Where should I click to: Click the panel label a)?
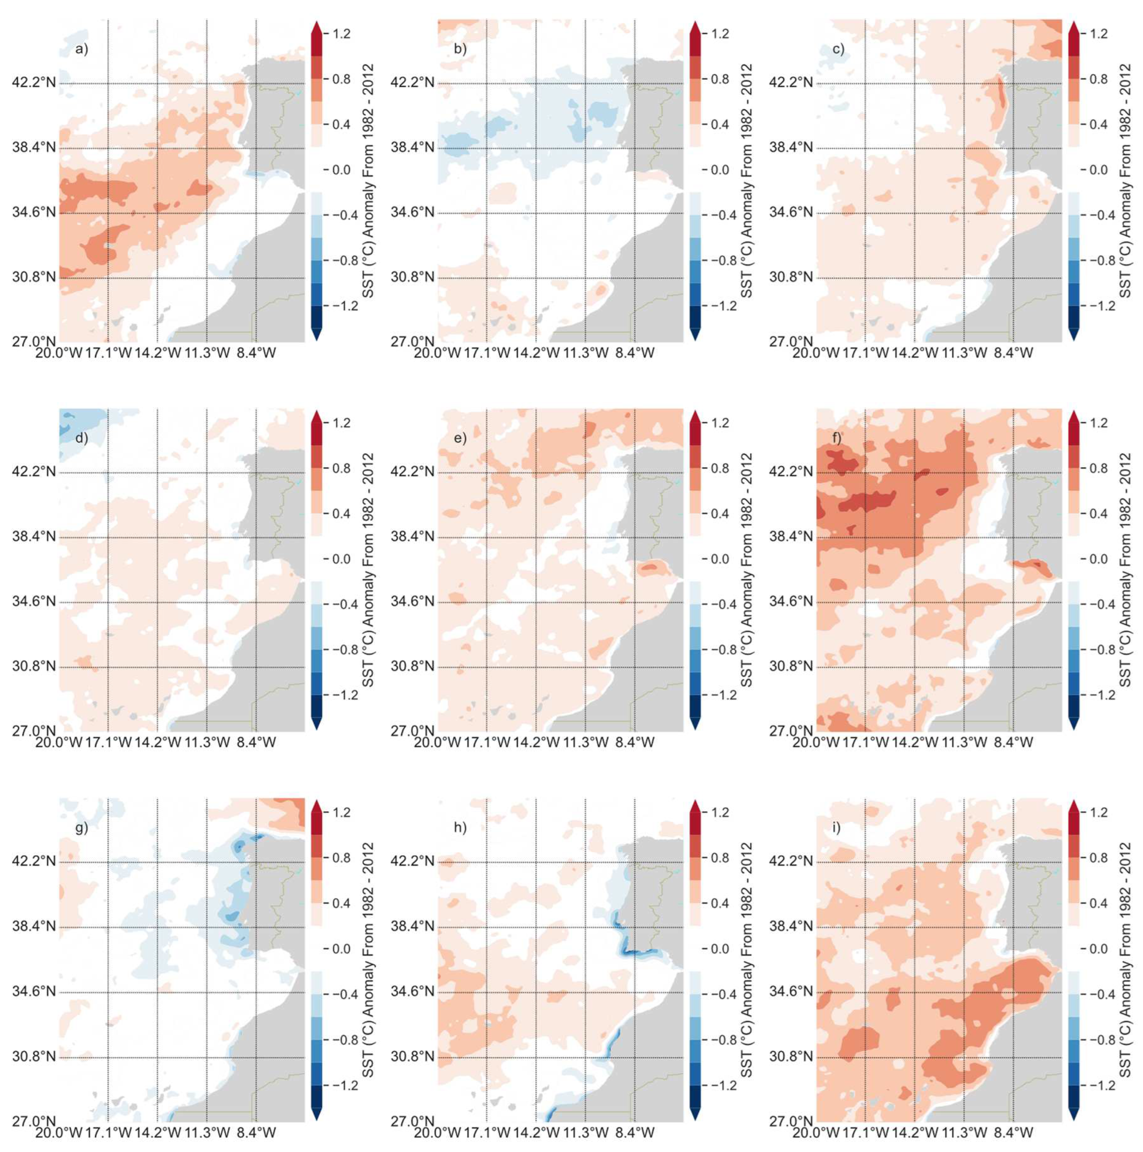coord(81,49)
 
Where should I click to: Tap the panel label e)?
coord(460,438)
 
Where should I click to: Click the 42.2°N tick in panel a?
coord(34,82)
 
